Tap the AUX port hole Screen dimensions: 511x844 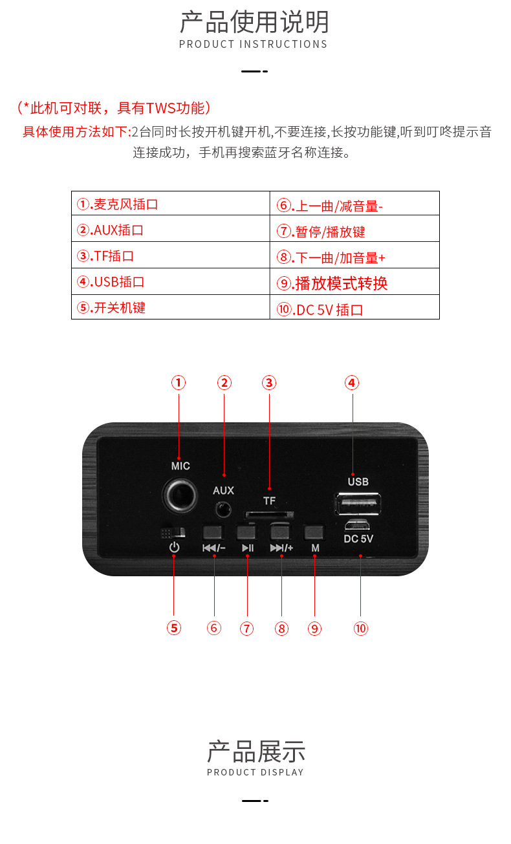click(x=224, y=509)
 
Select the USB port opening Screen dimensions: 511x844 click(x=358, y=503)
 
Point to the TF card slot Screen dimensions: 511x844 click(x=269, y=515)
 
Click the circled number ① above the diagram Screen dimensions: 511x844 click(x=179, y=383)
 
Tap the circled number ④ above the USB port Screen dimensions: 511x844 click(x=351, y=383)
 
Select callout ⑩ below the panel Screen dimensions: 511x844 click(x=360, y=628)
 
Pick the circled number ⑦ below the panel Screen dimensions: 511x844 click(x=246, y=628)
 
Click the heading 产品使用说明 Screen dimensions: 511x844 click(x=254, y=22)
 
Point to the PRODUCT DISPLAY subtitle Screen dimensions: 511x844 click(x=255, y=772)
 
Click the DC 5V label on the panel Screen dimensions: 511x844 click(x=358, y=537)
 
